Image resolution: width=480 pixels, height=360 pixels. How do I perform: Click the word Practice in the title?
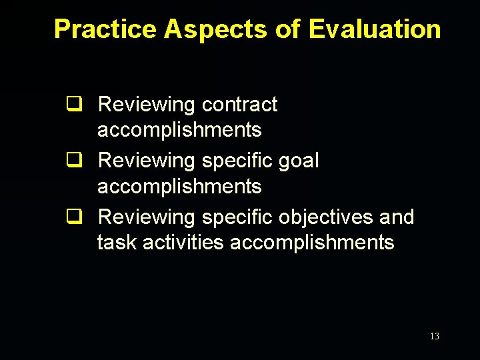[x=105, y=29]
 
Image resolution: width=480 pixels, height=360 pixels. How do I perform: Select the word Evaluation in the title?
[x=375, y=29]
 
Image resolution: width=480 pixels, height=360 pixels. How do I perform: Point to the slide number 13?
[x=435, y=337]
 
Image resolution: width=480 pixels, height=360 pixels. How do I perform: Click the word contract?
[x=239, y=105]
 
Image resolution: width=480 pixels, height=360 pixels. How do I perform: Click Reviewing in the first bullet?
[x=146, y=105]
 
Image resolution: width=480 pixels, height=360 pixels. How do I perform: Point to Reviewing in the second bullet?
[x=146, y=161]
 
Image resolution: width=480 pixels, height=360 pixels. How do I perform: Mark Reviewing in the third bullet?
[x=146, y=218]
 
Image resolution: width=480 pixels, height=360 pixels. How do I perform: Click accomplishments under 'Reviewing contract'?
[x=179, y=130]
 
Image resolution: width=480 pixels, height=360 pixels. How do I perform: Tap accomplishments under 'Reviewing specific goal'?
[x=179, y=186]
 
